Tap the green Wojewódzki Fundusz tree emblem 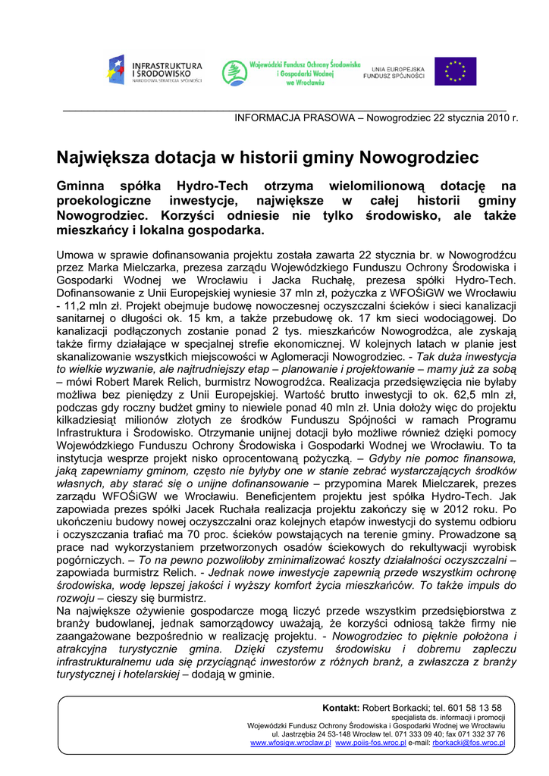click(234, 73)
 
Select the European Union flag click(455, 71)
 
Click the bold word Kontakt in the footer click(340, 708)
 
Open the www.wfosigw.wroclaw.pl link click(290, 743)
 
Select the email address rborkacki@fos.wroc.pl click(469, 743)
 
